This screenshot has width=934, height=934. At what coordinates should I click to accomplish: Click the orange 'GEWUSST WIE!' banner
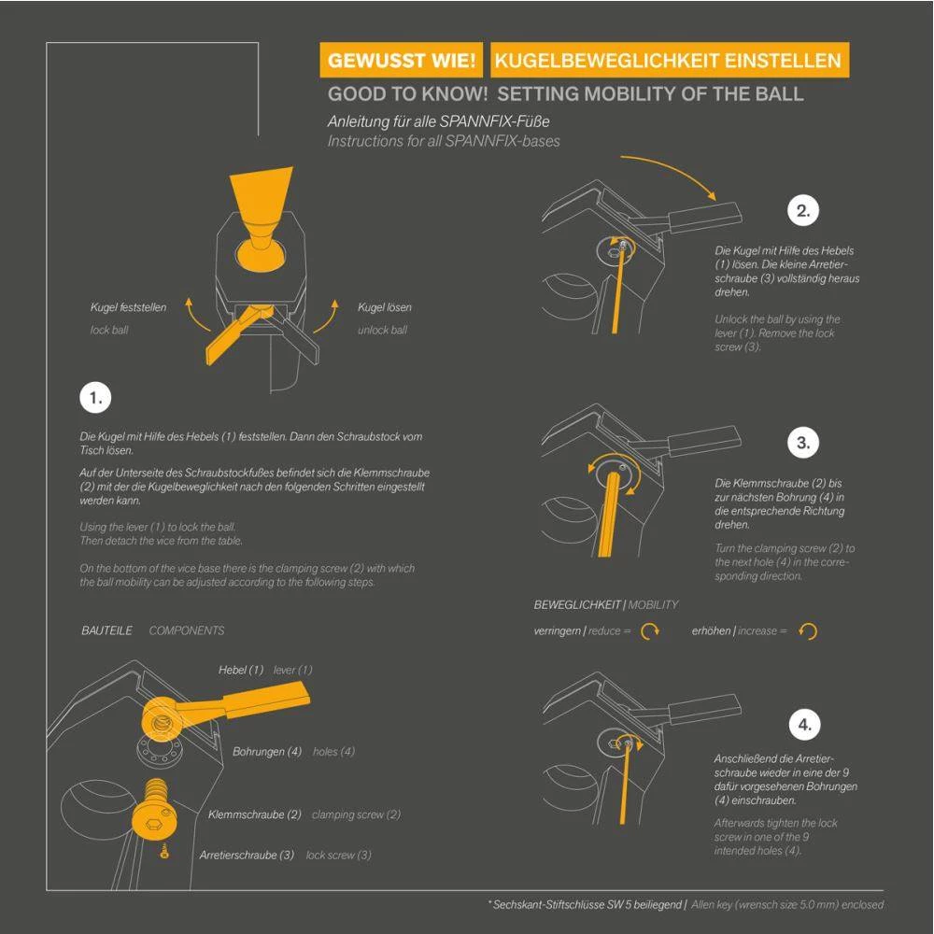coord(401,60)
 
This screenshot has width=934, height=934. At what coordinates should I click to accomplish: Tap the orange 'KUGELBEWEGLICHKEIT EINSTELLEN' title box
coord(670,60)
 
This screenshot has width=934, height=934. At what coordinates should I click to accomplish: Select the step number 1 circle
coord(95,398)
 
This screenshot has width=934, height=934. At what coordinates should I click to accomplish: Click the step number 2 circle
coord(803,210)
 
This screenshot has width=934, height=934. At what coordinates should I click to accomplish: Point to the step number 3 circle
coord(803,443)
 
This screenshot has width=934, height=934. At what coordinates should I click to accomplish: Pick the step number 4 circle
coord(804,725)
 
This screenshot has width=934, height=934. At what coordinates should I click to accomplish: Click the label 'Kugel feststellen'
coord(128,307)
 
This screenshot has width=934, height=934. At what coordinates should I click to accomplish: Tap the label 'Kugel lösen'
coord(384,307)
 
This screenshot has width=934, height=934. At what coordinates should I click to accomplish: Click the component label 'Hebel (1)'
coord(241,670)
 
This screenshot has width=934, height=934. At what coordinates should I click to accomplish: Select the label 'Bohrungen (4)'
coord(267,752)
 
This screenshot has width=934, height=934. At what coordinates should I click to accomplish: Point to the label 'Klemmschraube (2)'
coord(254,814)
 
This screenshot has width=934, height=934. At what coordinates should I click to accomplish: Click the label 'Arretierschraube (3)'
coord(247,855)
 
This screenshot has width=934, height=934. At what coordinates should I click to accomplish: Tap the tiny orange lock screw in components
coord(164,851)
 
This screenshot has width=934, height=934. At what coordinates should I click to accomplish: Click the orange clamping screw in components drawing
coord(153,809)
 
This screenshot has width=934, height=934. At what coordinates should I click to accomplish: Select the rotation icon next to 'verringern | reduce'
coord(650,630)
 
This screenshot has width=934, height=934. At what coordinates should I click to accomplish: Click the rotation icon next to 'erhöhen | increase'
coord(808,630)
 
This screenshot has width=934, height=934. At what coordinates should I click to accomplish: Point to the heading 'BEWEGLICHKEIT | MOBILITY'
coord(606,604)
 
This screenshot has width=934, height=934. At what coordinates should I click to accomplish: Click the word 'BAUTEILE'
coord(106,630)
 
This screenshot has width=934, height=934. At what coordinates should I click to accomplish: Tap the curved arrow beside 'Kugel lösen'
coord(327,316)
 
